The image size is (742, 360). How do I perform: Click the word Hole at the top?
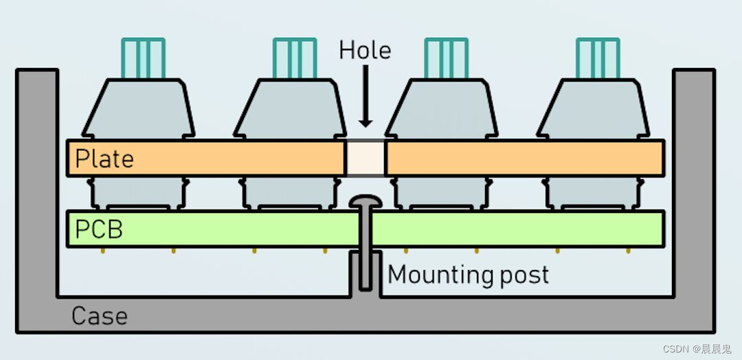tap(365, 50)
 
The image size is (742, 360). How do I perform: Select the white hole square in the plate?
tap(366, 158)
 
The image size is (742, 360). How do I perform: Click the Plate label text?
tap(104, 159)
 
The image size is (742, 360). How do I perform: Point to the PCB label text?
tap(98, 229)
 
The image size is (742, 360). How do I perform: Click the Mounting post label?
tap(469, 275)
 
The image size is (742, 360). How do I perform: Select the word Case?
tap(99, 317)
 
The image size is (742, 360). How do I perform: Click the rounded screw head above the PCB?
tap(366, 201)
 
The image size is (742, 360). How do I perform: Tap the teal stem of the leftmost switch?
tap(143, 58)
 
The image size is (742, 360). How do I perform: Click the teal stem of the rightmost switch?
tap(597, 58)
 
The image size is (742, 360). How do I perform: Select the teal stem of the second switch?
tap(294, 58)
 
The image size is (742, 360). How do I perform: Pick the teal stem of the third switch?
tap(446, 58)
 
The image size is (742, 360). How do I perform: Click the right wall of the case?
tap(694, 192)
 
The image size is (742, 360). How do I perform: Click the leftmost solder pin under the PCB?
tap(103, 250)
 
